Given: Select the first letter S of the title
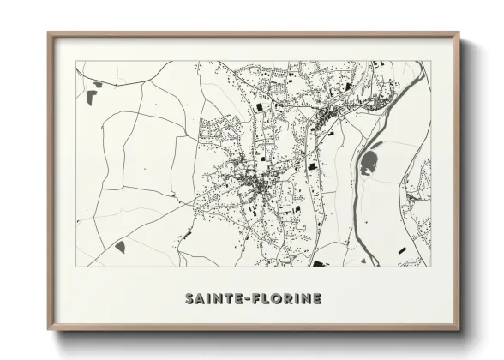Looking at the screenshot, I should coord(189,298).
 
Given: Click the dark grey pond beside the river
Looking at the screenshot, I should coord(370,162).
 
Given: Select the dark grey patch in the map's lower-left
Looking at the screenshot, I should coord(120,246).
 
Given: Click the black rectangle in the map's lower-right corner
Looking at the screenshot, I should coord(402,249).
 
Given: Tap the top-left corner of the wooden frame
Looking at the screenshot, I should coord(49,33).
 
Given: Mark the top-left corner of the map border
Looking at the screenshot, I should coord(76,61).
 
